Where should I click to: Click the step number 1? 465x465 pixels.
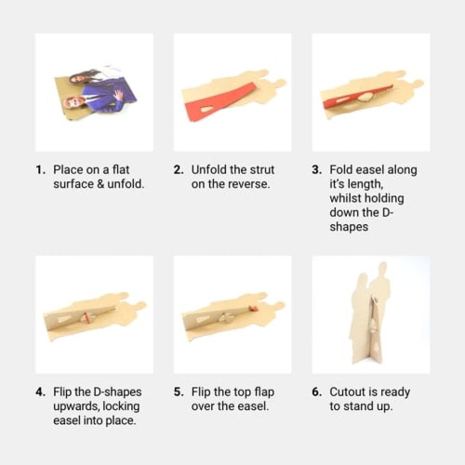(40, 170)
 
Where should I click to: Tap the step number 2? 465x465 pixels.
(179, 170)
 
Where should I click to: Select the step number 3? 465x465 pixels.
(317, 170)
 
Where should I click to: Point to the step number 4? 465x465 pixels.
(40, 392)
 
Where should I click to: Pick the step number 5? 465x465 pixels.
(179, 392)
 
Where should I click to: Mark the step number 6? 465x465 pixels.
(317, 392)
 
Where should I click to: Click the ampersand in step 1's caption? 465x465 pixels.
(100, 184)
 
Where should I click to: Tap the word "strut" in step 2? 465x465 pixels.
(262, 170)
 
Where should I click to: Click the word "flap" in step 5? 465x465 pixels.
(264, 392)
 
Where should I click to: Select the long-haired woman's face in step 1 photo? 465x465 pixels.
(75, 78)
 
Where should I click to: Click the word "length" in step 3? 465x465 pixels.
(365, 185)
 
